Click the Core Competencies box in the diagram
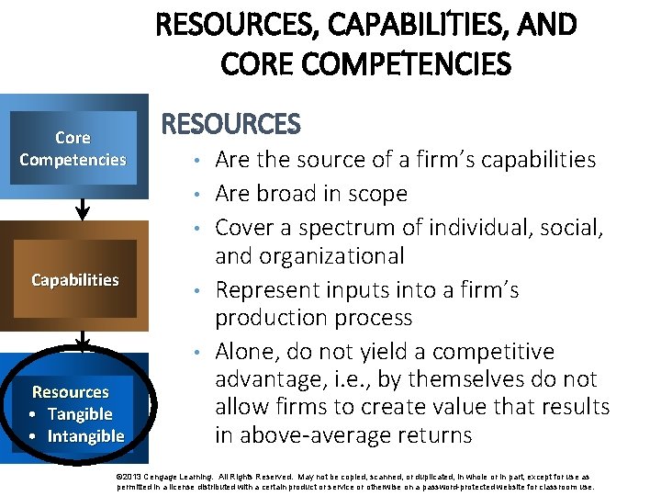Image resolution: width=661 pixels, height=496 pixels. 73,149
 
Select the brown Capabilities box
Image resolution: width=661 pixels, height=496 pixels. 74,280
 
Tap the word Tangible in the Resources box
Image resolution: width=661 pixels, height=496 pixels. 80,414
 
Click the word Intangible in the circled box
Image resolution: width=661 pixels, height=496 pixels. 85,436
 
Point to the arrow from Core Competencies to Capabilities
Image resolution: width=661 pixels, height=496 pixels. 83,209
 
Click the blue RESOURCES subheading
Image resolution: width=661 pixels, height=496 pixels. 230,124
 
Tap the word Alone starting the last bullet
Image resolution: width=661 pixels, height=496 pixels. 246,352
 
